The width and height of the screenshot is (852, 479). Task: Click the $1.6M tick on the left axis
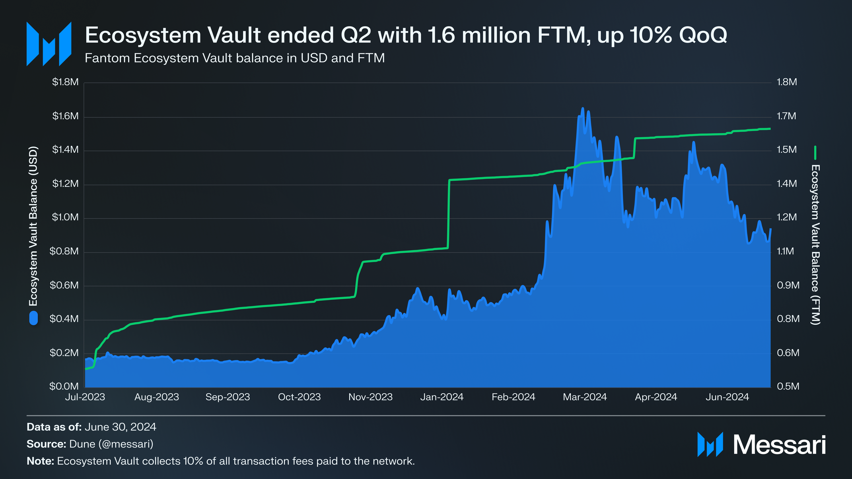65,116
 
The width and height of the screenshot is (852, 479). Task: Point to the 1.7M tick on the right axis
786,116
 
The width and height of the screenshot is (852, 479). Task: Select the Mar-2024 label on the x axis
585,397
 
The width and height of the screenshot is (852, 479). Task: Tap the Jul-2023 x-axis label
85,397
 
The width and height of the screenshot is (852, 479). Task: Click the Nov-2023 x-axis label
370,397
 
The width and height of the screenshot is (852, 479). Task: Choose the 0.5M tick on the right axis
788,386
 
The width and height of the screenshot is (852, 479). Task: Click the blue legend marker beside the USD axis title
33,318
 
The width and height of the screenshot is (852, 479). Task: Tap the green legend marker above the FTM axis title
815,153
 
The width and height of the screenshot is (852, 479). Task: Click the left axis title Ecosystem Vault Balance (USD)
33,227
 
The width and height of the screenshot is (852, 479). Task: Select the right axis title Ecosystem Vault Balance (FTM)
815,244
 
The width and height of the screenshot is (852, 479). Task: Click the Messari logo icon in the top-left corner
49,44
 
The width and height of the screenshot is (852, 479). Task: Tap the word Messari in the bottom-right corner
779,445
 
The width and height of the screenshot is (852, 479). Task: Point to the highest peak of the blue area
583,108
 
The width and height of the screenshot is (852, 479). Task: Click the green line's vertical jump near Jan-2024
449,215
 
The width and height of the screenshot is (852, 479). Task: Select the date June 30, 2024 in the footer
120,427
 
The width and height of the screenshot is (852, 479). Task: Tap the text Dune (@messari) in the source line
111,444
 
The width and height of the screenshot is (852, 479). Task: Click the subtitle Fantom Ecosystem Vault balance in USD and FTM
235,58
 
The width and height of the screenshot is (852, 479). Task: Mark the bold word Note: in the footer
40,461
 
